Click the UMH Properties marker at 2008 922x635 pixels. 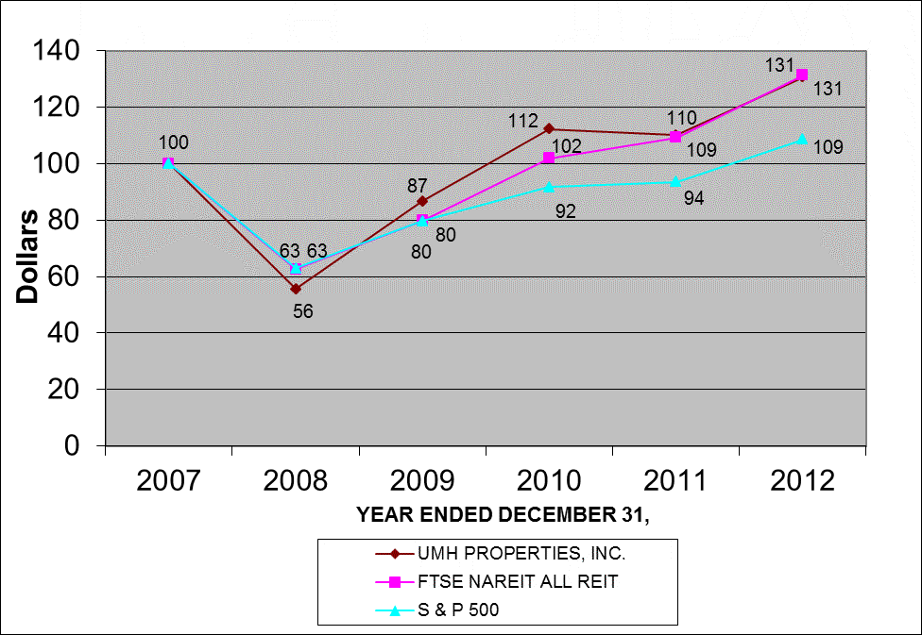[296, 288]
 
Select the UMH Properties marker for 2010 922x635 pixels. [549, 129]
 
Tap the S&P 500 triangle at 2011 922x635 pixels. [675, 181]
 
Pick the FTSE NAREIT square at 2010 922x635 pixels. [549, 158]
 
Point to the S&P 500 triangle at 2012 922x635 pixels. [802, 139]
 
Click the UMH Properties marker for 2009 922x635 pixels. [422, 201]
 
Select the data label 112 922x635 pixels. [521, 122]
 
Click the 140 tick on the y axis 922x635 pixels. [60, 51]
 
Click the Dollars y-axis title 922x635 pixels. [29, 257]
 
